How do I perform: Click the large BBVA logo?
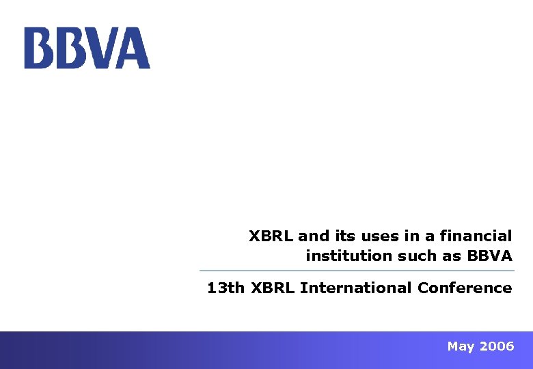click(87, 48)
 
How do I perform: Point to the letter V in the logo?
click(102, 48)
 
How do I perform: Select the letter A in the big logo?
click(134, 48)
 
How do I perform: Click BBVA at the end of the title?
click(489, 256)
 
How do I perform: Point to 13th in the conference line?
click(225, 288)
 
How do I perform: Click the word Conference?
click(465, 288)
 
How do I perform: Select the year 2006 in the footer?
click(497, 346)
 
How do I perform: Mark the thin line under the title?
click(356, 271)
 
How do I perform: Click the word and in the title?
click(314, 236)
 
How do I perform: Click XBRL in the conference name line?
click(273, 288)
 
